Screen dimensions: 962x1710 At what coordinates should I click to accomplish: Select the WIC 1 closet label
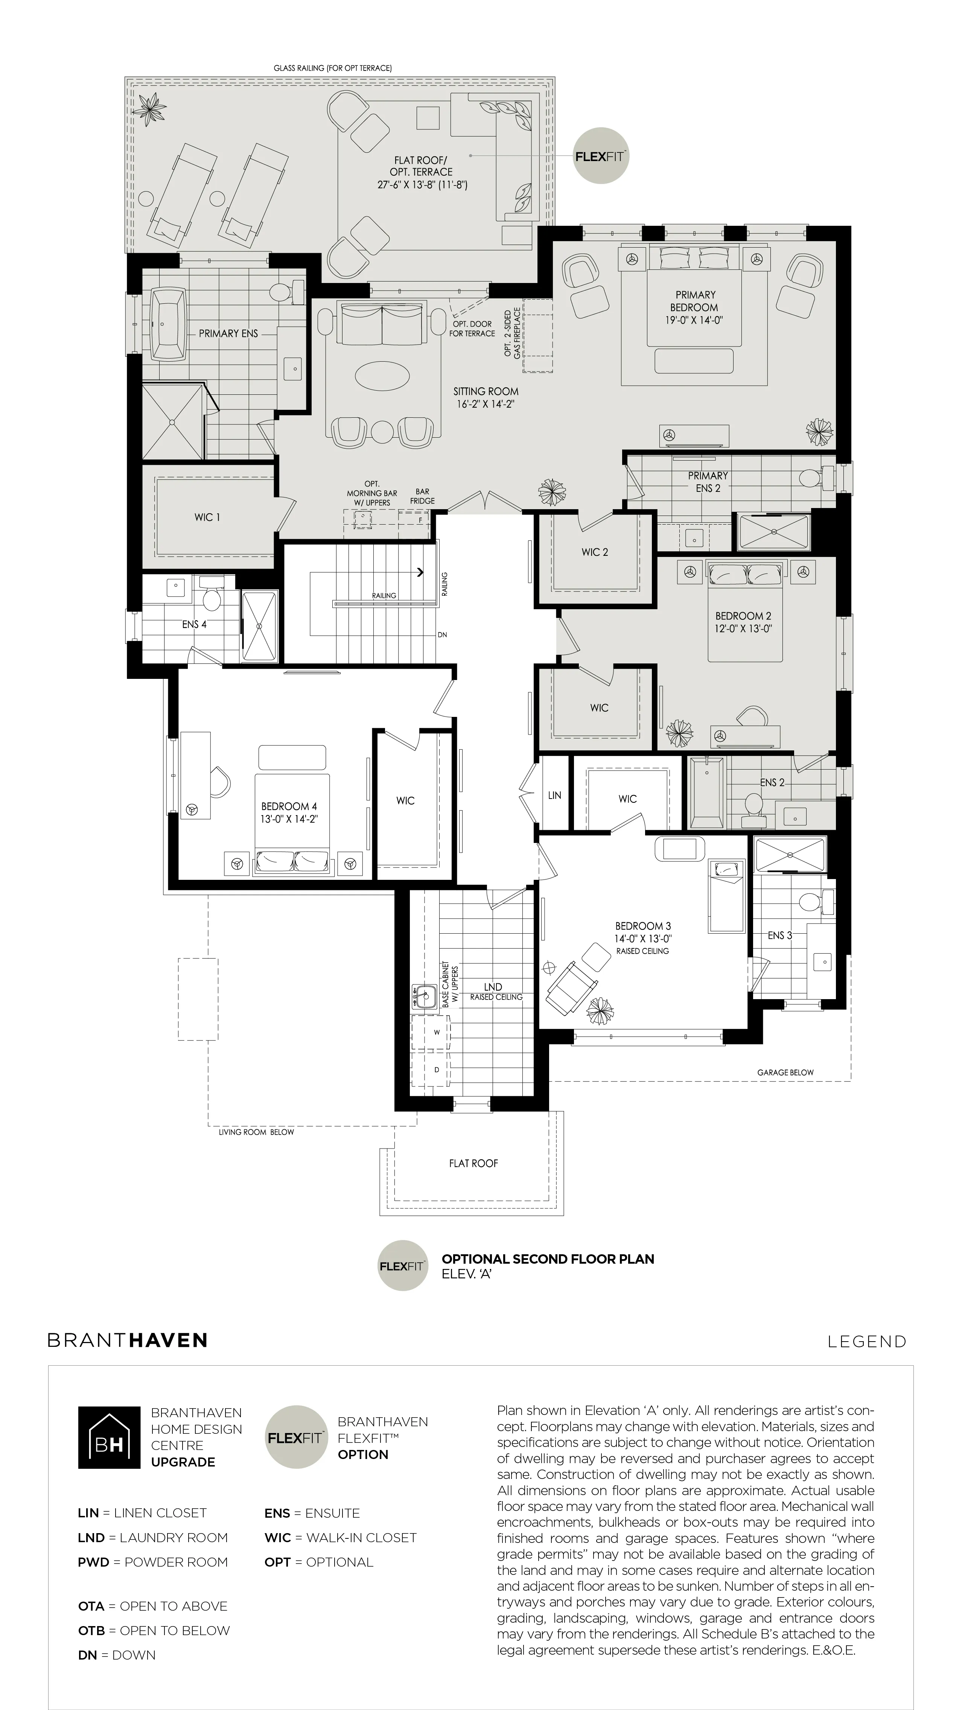[207, 517]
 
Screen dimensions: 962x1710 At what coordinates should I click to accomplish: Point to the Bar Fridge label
[422, 496]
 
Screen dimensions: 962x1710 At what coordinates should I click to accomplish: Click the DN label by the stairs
[442, 634]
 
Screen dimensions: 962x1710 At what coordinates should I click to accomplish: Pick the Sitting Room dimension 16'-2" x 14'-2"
[486, 403]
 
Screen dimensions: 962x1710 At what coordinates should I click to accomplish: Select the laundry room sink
[423, 996]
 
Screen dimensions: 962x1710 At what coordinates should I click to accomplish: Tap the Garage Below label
[785, 1072]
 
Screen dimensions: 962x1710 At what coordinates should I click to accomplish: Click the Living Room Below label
[256, 1132]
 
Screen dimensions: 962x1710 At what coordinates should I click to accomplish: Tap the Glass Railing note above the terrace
[333, 68]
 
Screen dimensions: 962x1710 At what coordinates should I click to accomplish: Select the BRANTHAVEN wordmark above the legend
[128, 1340]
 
